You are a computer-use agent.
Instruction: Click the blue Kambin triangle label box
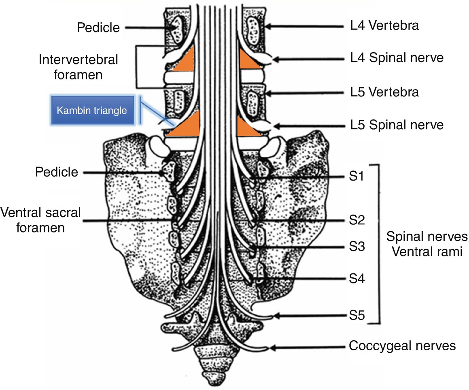pyautogui.click(x=92, y=110)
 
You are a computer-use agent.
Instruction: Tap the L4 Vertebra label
pyautogui.click(x=384, y=26)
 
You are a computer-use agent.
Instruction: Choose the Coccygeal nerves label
pyautogui.click(x=402, y=346)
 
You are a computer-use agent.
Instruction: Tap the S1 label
pyautogui.click(x=357, y=177)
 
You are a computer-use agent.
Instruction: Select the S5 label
pyautogui.click(x=357, y=315)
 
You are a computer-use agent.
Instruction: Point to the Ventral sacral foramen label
pyautogui.click(x=41, y=220)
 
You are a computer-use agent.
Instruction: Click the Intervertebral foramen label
pyautogui.click(x=79, y=67)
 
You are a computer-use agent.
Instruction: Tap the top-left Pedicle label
pyautogui.click(x=99, y=28)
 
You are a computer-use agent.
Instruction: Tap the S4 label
pyautogui.click(x=357, y=279)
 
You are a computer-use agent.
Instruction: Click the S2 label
pyautogui.click(x=357, y=221)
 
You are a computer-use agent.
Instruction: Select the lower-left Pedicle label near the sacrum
pyautogui.click(x=56, y=172)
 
